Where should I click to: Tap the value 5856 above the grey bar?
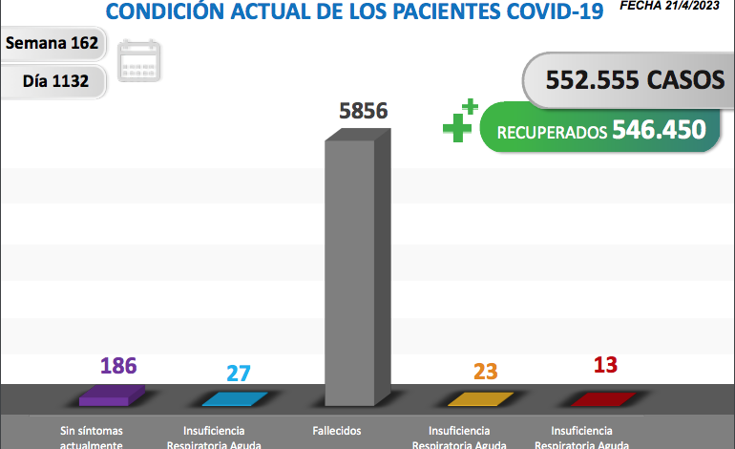pyautogui.click(x=363, y=111)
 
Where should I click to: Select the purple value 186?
pyautogui.click(x=118, y=366)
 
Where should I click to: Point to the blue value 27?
pyautogui.click(x=238, y=373)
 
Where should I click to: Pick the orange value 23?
pyautogui.click(x=486, y=372)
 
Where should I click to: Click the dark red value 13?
pyautogui.click(x=605, y=366)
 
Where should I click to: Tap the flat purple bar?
pyautogui.click(x=113, y=395)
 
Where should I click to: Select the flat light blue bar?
pyautogui.click(x=234, y=398)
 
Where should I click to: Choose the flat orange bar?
pyautogui.click(x=481, y=398)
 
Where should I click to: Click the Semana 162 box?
pyautogui.click(x=52, y=44)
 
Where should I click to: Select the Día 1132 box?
pyautogui.click(x=55, y=81)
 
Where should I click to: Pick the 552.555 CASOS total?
pyautogui.click(x=635, y=80)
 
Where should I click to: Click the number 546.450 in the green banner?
pyautogui.click(x=660, y=129)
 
